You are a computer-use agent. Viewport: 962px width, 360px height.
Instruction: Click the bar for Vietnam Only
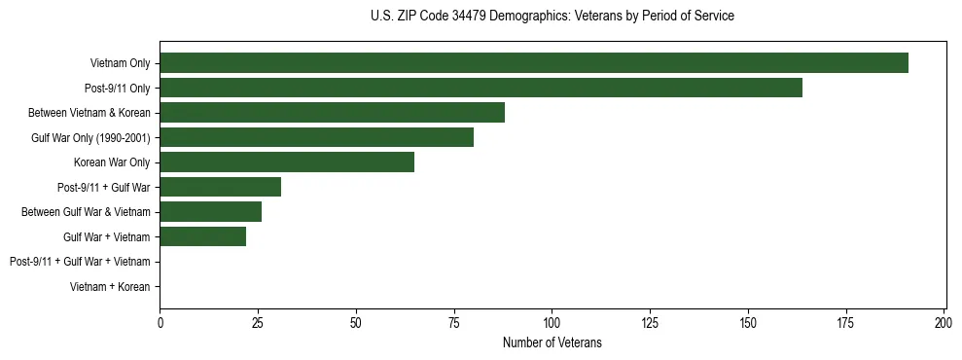pos(534,63)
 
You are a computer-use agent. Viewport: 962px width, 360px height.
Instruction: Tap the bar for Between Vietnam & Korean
pos(332,113)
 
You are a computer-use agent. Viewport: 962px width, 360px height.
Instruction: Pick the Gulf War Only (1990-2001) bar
pos(316,137)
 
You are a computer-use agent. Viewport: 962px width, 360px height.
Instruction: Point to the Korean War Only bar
pos(287,162)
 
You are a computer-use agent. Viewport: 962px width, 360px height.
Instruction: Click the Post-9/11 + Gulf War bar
pos(220,187)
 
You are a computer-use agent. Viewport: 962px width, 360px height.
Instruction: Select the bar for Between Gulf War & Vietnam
pos(210,212)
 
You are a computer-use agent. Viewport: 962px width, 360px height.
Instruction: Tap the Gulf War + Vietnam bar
pos(202,236)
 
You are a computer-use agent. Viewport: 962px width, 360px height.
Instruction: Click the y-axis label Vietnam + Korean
pos(110,287)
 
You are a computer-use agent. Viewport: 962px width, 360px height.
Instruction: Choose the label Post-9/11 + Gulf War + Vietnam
pos(80,262)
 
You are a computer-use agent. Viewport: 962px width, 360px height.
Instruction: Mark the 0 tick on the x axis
pos(160,323)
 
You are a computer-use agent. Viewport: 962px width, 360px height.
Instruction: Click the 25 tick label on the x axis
pos(258,323)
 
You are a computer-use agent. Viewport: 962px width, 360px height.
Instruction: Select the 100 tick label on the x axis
pos(552,323)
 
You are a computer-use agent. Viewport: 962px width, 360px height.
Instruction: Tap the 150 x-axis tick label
pos(748,323)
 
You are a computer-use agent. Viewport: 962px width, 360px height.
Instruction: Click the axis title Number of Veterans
pos(552,342)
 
